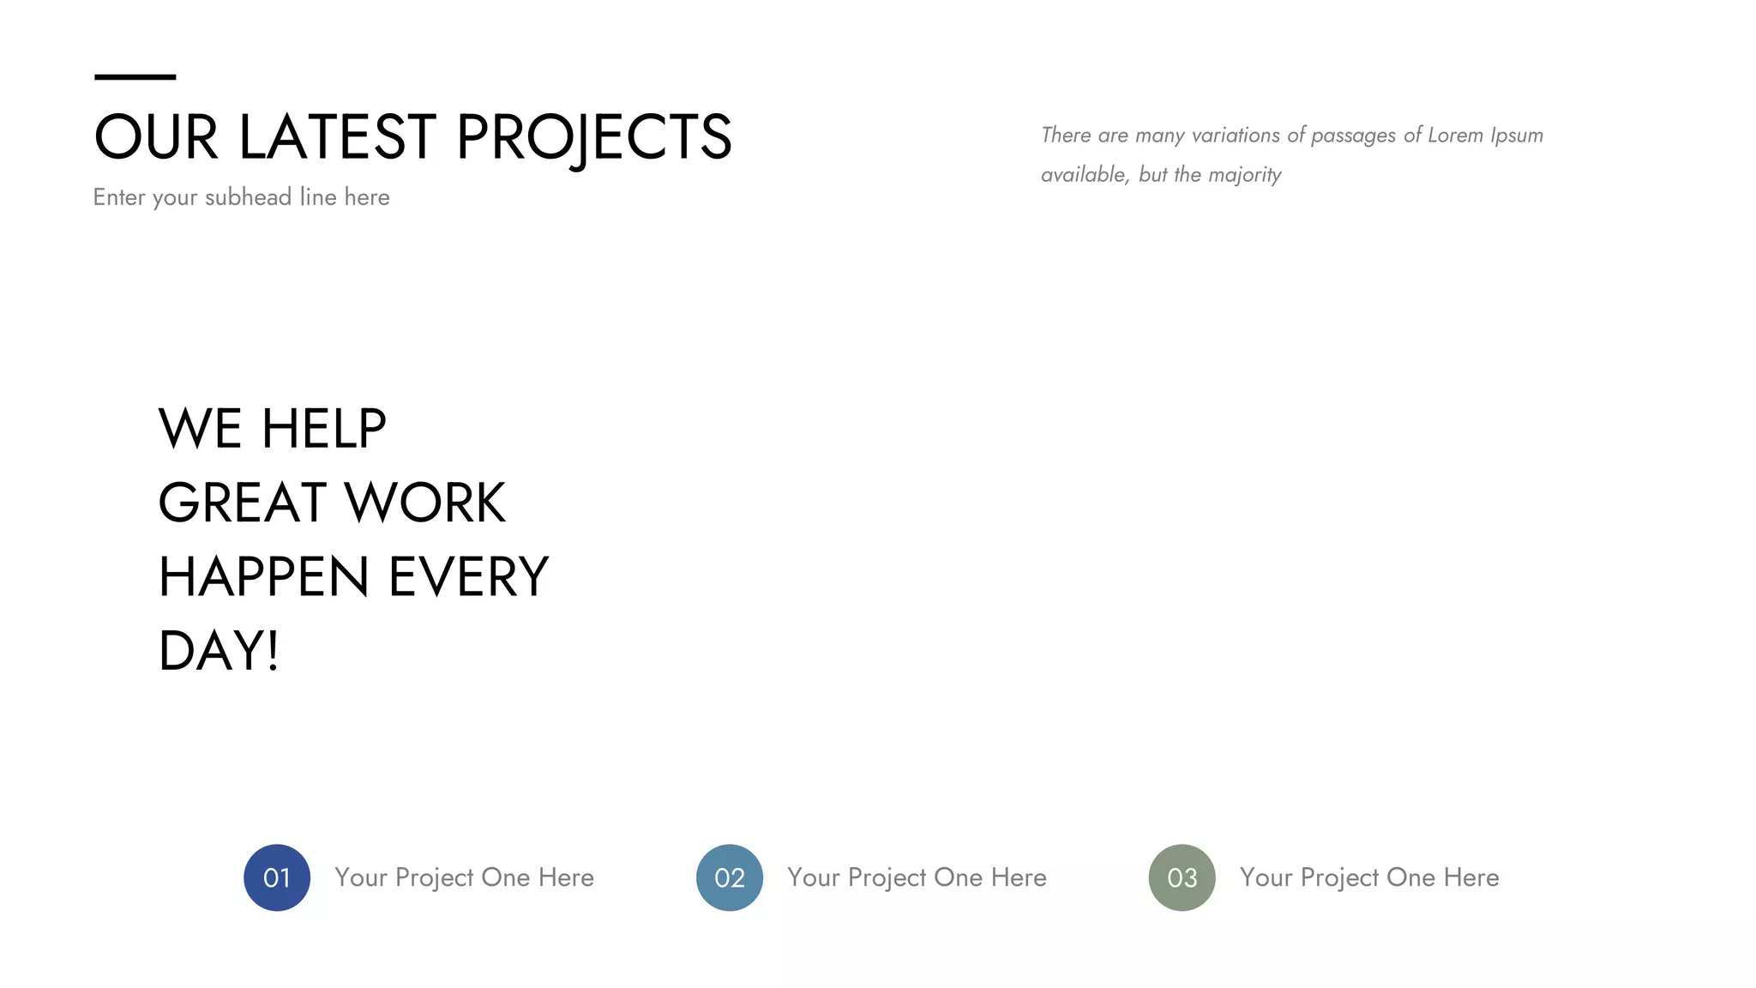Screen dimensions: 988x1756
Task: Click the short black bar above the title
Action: [135, 77]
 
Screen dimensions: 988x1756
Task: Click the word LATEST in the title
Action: [337, 137]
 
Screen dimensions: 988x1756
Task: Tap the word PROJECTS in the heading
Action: [593, 137]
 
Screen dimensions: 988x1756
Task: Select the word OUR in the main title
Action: [155, 137]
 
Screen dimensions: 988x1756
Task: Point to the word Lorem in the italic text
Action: [1455, 136]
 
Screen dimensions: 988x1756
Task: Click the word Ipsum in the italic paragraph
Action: [1517, 136]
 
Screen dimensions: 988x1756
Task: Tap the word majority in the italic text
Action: [1244, 175]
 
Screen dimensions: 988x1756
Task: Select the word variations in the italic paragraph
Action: [1236, 136]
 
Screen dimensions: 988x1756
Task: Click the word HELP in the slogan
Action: [323, 429]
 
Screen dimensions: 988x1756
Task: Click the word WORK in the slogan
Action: [425, 503]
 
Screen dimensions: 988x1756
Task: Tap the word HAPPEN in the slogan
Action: [263, 576]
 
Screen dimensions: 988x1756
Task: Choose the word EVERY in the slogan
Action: [468, 576]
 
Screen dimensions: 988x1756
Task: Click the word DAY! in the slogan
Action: [219, 651]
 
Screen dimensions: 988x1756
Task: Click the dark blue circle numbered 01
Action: [277, 877]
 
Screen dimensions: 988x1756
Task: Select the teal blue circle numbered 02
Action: [730, 877]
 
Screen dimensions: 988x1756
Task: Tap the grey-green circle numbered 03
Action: [1182, 877]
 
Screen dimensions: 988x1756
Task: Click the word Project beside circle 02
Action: [887, 878]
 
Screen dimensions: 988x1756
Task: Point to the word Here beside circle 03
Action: [1471, 877]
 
